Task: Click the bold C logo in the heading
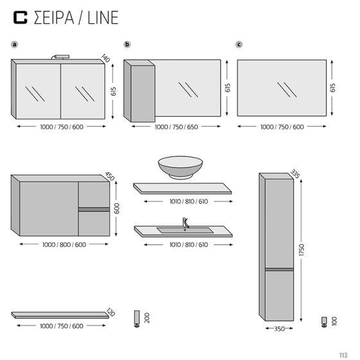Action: [22, 17]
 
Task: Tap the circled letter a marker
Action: [14, 44]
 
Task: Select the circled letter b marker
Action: [127, 44]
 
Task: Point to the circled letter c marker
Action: [239, 44]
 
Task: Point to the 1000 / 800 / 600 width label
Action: [64, 245]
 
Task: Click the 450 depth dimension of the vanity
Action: [109, 177]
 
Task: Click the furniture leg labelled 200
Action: [137, 318]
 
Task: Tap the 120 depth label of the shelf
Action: [110, 312]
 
